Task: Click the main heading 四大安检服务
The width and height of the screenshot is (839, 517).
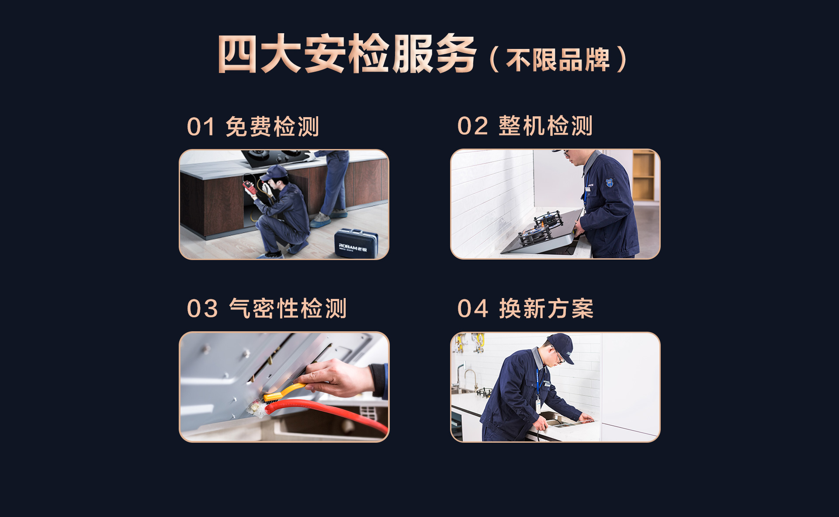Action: point(347,54)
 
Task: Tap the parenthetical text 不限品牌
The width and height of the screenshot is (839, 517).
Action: point(558,60)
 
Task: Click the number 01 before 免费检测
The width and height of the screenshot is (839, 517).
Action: point(201,127)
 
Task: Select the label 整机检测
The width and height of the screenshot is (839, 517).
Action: point(545,126)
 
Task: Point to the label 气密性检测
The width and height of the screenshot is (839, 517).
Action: point(288,309)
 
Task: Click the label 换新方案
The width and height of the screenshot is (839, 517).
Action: point(546,309)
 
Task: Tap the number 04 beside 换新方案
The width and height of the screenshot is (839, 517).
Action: point(472,309)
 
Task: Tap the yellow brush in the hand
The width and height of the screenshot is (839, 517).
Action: point(283,392)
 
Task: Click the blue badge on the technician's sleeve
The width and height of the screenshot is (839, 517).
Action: point(610,183)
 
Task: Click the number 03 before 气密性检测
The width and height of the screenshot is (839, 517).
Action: point(202,309)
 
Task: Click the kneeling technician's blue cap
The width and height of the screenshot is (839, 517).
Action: point(274,172)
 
